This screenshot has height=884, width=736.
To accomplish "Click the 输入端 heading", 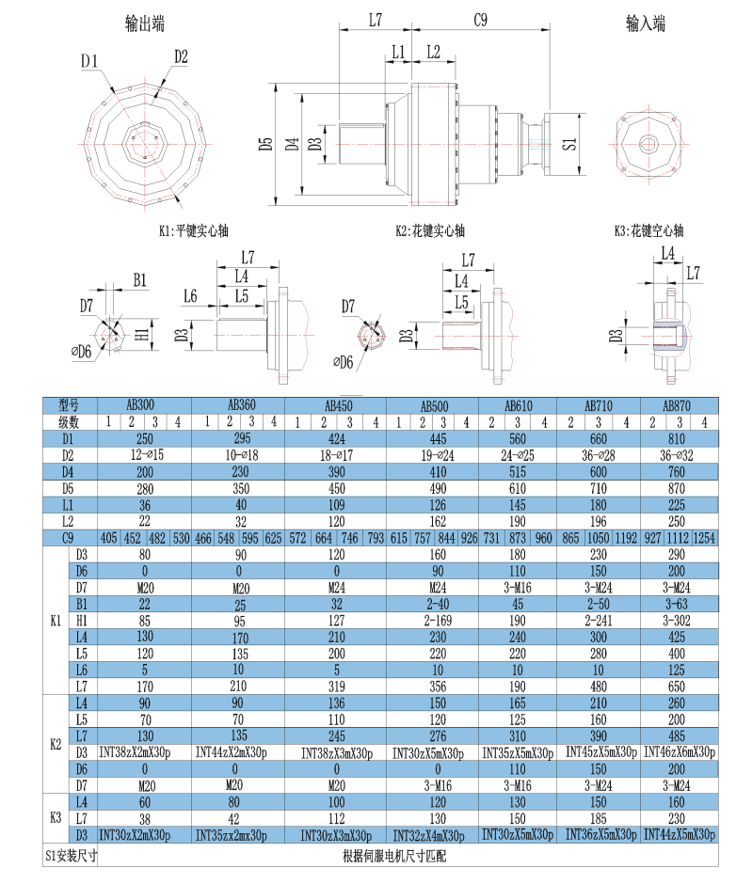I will coord(646,24).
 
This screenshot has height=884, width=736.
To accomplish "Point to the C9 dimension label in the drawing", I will coord(480,19).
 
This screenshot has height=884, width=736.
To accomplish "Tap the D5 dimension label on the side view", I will coord(266,143).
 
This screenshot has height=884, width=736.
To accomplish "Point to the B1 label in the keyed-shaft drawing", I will coord(139,279).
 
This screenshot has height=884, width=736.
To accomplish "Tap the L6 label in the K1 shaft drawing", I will coord(190,296).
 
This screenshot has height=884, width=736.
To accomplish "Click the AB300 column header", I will coord(145,405).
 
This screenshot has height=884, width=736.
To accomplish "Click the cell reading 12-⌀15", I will coord(145,455).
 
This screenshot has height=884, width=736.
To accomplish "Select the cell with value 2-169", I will coord(432,622).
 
